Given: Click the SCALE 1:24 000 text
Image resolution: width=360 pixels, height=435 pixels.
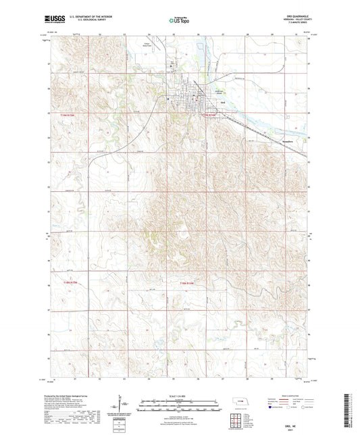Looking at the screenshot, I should [x=179, y=394].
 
